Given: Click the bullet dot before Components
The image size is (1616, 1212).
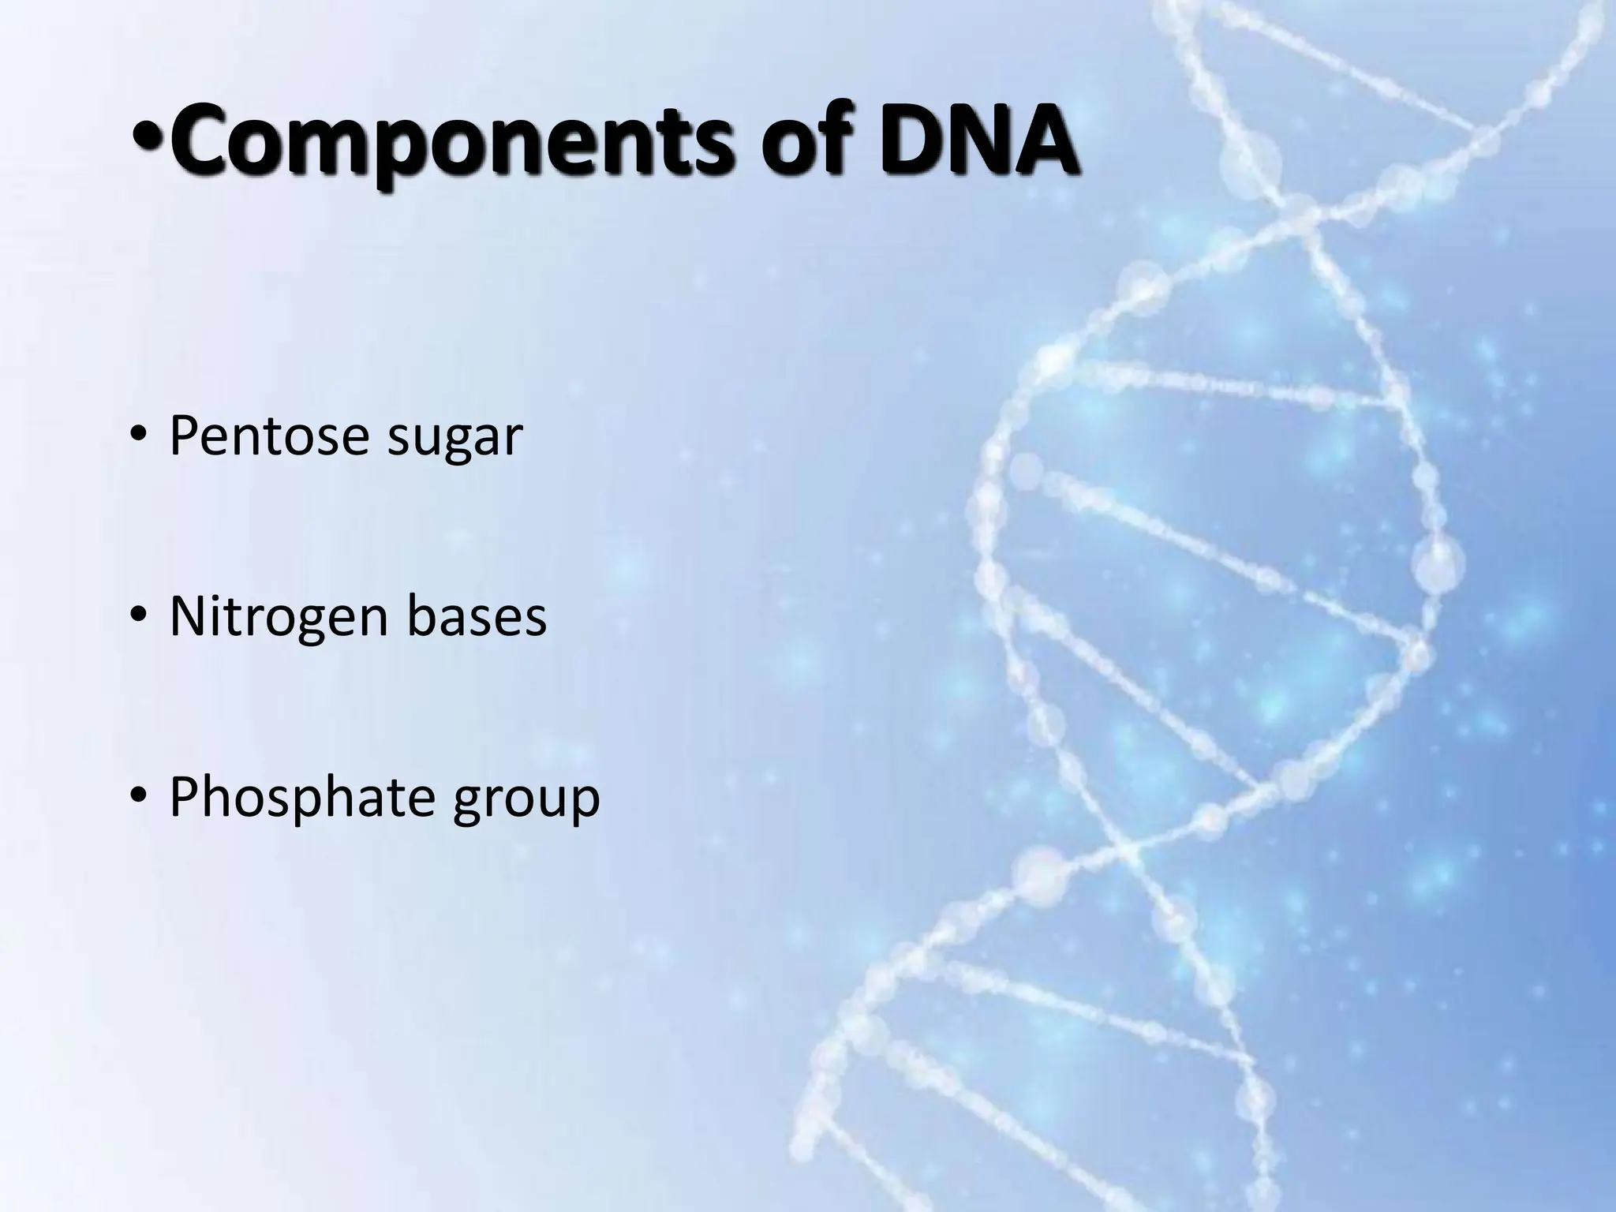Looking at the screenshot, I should click(x=148, y=144).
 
